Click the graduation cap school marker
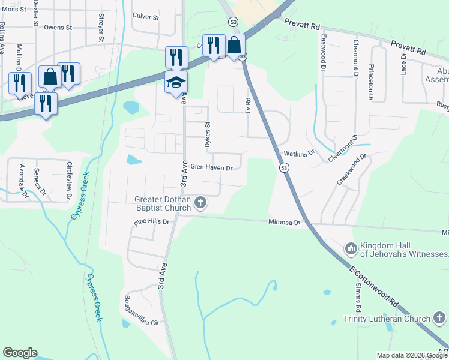click(x=176, y=82)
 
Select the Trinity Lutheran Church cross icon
click(x=439, y=319)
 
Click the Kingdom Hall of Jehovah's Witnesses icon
click(x=351, y=248)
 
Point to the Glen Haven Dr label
click(x=211, y=168)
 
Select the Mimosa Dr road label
click(x=285, y=222)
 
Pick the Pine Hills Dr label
click(x=152, y=221)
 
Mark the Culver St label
click(x=146, y=17)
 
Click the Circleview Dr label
click(x=70, y=180)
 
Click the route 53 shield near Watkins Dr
click(x=285, y=169)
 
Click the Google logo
click(x=20, y=353)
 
